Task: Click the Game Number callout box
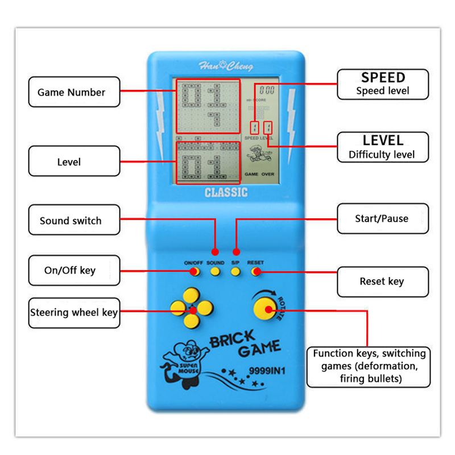tap(74, 92)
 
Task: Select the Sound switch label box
tap(74, 220)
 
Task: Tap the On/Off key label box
tap(74, 270)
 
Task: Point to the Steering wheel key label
tap(74, 312)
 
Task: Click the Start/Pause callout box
tap(382, 218)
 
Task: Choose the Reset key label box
tap(382, 281)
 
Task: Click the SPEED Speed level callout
tap(382, 84)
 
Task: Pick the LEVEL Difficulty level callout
tap(382, 147)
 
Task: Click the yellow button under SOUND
tap(216, 272)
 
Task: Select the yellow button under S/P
tap(235, 272)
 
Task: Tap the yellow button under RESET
tap(255, 272)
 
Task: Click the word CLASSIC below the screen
tap(226, 193)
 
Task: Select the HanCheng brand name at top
tap(226, 66)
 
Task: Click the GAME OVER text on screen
tap(259, 174)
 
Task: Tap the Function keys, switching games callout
tap(369, 366)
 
